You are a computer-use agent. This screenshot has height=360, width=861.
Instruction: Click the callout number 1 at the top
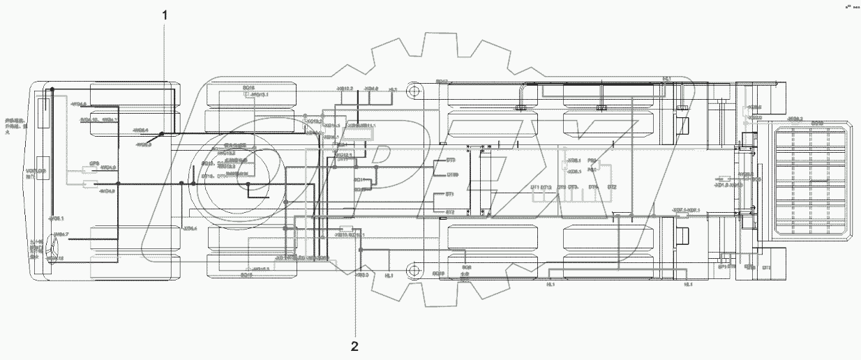[165, 14]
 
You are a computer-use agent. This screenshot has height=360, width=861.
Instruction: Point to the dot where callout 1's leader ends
[161, 133]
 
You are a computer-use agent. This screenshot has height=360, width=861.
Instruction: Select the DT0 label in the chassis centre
[451, 160]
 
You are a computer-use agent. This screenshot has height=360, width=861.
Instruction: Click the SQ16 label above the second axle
[248, 88]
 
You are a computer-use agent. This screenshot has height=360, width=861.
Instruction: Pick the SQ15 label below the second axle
[246, 276]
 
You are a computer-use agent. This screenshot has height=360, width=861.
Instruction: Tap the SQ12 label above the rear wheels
[441, 82]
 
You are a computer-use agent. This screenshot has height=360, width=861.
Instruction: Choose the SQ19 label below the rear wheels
[438, 273]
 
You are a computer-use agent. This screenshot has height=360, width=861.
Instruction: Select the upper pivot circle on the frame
[414, 91]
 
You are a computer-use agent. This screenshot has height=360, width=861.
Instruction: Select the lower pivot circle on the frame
[414, 267]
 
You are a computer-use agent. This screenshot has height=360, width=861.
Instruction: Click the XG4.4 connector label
[190, 228]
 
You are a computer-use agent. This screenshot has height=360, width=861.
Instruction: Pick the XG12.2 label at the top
[345, 89]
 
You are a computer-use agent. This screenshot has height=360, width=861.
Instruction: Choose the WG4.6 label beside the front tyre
[78, 105]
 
